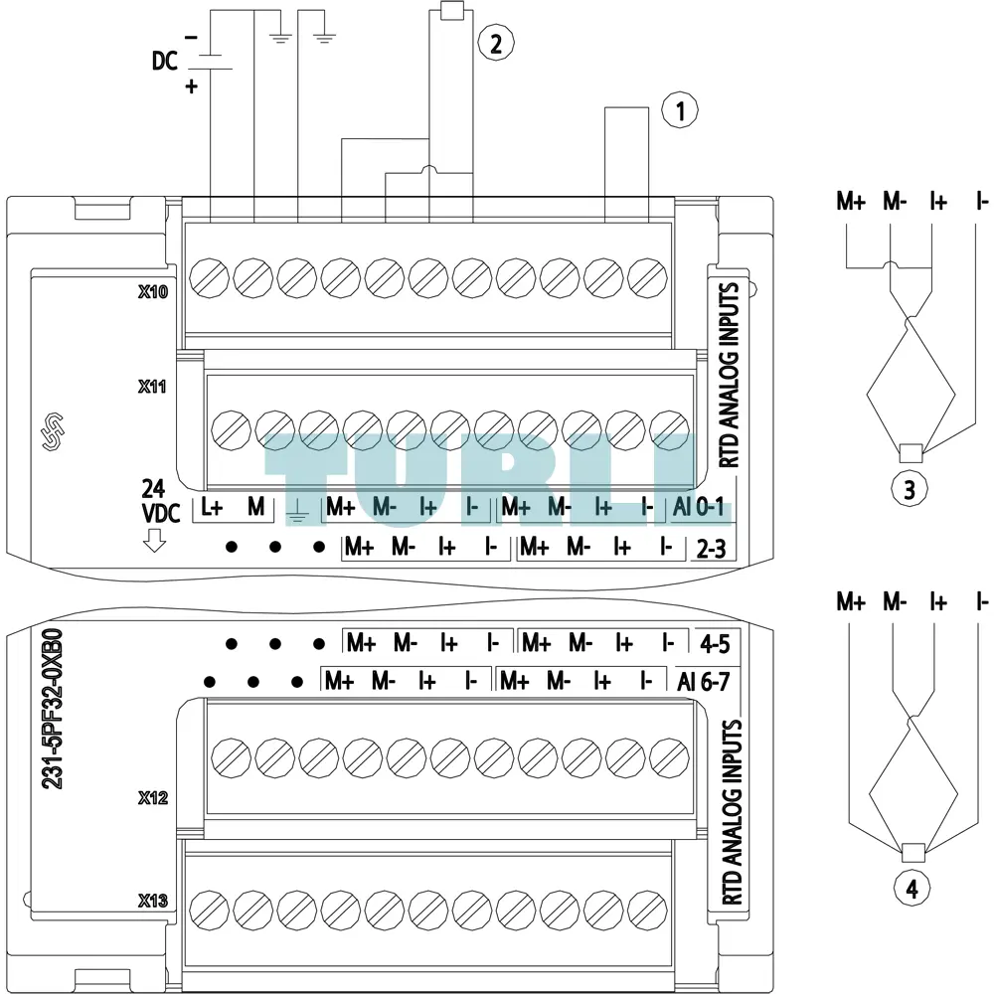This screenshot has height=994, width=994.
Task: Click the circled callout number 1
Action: (680, 110)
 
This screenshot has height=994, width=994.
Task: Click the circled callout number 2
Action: (495, 43)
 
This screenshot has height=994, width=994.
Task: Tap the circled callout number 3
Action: (910, 489)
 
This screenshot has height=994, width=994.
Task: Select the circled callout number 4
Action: (911, 888)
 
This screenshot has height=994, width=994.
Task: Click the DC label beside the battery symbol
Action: (164, 61)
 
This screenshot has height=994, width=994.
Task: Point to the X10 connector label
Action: (153, 291)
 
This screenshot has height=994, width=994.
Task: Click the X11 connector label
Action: (152, 386)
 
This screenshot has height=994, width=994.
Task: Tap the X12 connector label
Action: (153, 797)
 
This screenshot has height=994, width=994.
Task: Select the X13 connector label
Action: (153, 901)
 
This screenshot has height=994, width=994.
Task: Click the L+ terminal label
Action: (212, 507)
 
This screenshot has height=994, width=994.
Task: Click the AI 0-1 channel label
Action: (699, 507)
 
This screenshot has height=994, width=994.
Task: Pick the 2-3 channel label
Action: (712, 549)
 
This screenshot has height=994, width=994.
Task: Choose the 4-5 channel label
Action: (715, 644)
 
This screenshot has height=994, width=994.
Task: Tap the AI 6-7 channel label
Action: (704, 682)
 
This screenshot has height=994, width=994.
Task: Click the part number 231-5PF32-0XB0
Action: (53, 709)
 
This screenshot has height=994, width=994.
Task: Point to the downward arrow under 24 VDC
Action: (154, 541)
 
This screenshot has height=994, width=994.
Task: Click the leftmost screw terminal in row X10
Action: (209, 277)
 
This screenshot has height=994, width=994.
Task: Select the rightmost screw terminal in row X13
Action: (647, 911)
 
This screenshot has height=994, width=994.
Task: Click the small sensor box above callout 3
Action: (911, 452)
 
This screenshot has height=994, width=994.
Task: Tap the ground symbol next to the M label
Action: (297, 511)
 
